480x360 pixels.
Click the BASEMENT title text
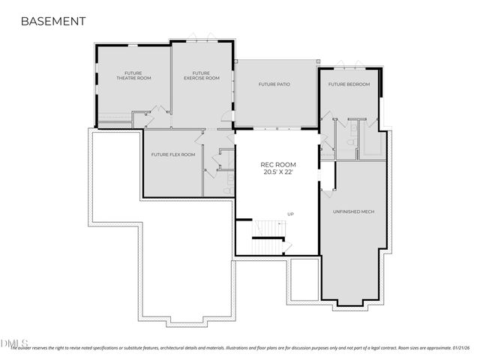(x=52, y=21)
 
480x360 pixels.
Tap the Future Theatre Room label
(x=133, y=75)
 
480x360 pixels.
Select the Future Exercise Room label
(x=202, y=75)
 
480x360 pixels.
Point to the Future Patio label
(x=274, y=84)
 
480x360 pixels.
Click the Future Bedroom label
(x=349, y=84)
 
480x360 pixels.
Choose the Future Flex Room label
(x=172, y=154)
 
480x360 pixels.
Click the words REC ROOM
(x=277, y=164)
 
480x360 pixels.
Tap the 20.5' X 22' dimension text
(x=277, y=172)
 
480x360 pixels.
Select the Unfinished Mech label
(x=353, y=211)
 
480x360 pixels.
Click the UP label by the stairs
(x=290, y=214)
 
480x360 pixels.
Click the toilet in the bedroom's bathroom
(x=352, y=140)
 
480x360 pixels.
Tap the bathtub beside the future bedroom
(x=373, y=142)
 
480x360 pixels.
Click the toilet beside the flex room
(x=227, y=190)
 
